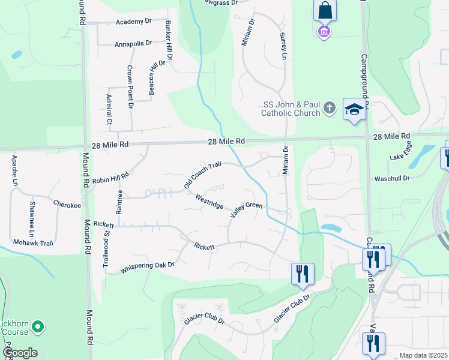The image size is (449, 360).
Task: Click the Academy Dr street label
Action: [x=134, y=22]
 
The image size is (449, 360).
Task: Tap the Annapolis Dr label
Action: [x=134, y=44]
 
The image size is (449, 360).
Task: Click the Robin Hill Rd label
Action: [x=110, y=178]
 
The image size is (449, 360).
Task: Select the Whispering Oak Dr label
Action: [x=148, y=265]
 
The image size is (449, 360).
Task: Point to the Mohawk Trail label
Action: [x=34, y=243]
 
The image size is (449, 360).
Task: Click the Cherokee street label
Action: [x=67, y=205]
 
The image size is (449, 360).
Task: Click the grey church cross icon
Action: [x=329, y=108]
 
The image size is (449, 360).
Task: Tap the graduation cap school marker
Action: [x=354, y=109]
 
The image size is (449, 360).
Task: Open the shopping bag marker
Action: [x=324, y=10]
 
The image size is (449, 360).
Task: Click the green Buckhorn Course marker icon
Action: [x=38, y=327]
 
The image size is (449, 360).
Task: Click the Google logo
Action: [x=20, y=353]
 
